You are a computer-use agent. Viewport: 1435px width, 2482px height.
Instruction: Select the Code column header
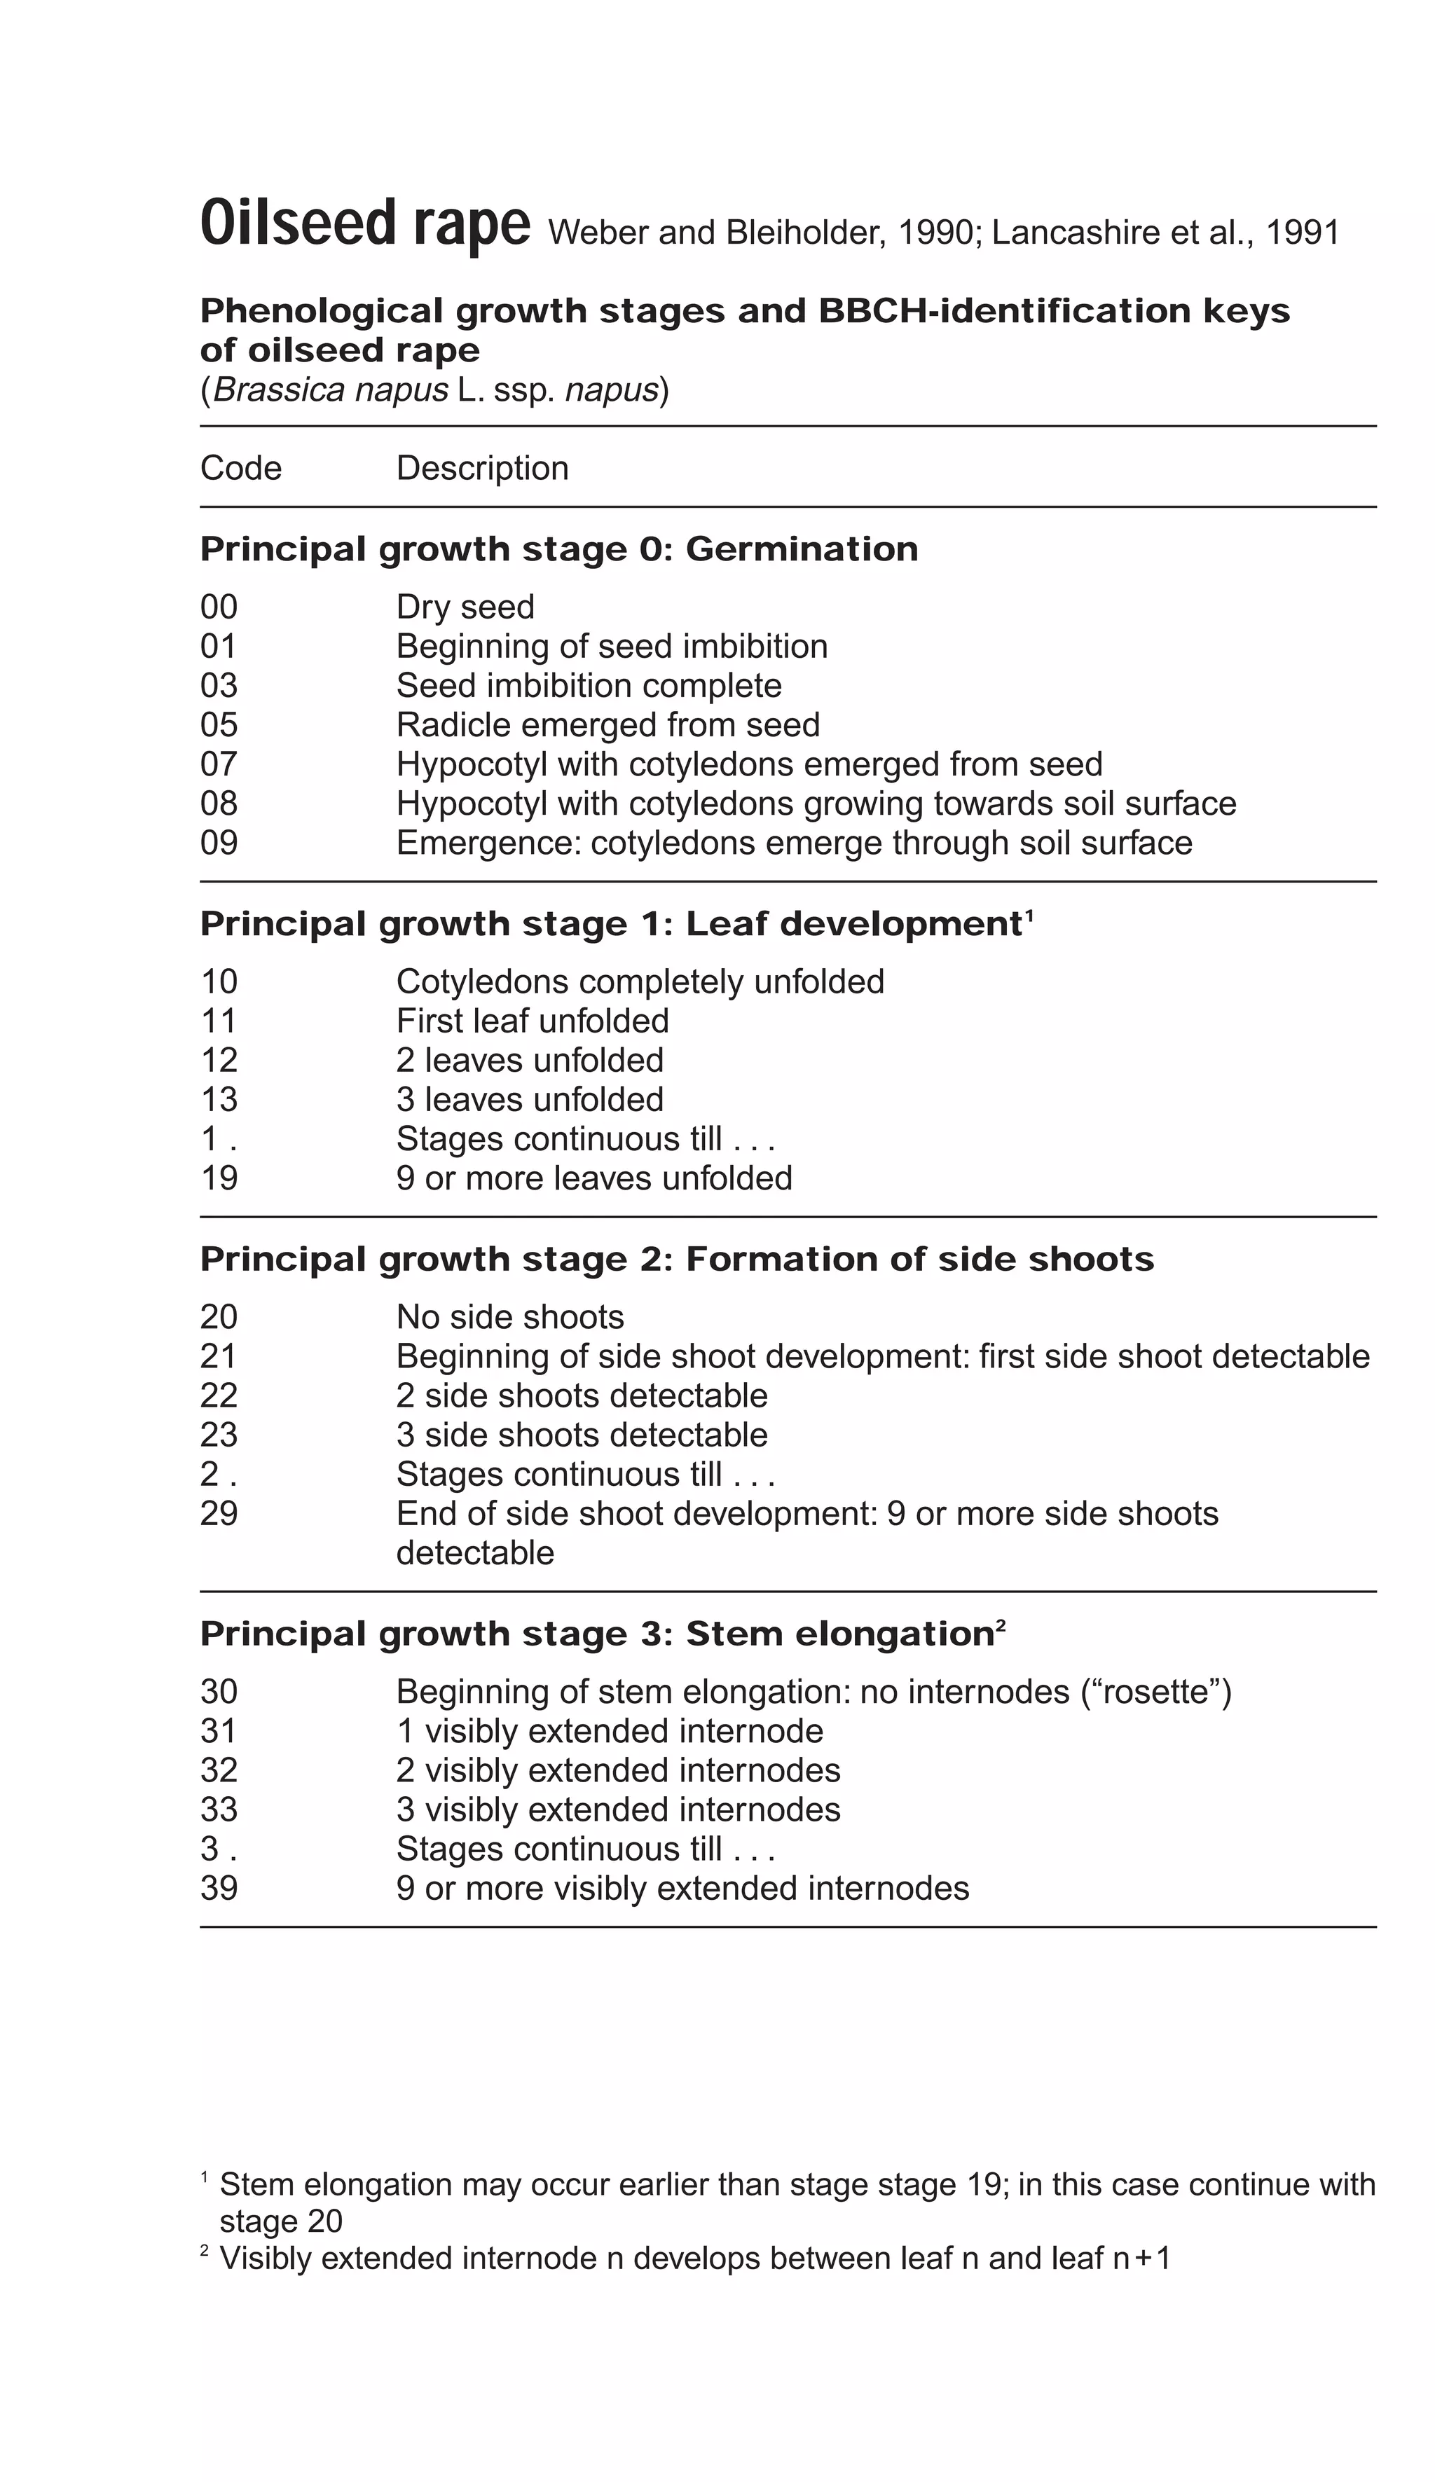point(240,468)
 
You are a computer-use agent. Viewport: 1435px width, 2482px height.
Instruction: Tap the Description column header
point(481,468)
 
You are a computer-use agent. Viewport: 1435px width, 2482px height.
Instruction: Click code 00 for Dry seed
point(219,607)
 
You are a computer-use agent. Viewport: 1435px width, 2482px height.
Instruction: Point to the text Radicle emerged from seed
point(607,725)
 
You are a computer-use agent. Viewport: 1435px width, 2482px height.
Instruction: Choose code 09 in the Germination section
point(219,843)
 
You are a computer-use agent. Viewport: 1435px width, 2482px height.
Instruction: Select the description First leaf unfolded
point(532,1021)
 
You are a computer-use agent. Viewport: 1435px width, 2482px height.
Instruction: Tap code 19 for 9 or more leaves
point(219,1178)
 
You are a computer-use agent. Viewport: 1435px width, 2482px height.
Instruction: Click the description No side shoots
point(509,1317)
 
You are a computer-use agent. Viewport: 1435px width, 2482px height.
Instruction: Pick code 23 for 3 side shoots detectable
point(219,1435)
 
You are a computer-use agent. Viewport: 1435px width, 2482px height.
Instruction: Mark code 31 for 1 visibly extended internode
point(219,1732)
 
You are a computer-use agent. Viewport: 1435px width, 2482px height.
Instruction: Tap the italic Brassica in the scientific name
point(277,390)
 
